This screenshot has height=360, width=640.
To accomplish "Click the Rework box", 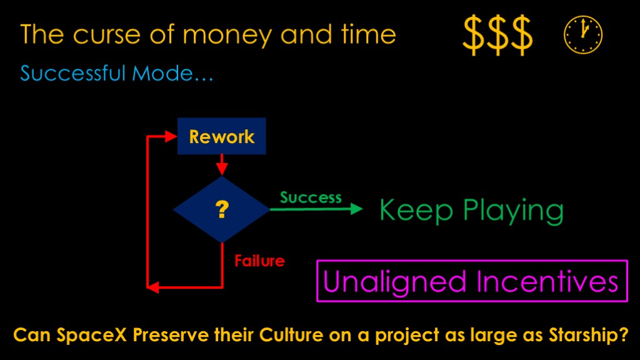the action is (222, 136).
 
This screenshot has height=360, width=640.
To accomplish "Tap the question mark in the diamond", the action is (222, 209).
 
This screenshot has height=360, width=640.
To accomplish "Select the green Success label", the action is (311, 197).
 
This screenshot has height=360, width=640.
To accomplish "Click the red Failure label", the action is (259, 261).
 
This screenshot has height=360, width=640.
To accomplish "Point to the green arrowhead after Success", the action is (356, 209).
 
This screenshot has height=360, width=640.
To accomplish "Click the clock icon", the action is (583, 35).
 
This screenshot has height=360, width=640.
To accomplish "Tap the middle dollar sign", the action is (497, 35).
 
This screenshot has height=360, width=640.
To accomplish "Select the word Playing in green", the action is (513, 211).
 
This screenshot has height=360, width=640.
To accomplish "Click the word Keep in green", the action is (416, 210).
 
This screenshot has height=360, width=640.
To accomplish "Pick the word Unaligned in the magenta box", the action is (394, 282).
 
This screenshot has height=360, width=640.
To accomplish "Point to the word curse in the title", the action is (107, 35).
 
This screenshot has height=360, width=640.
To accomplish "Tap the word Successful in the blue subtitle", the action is (72, 74).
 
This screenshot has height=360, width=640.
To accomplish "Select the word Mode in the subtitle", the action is (162, 74).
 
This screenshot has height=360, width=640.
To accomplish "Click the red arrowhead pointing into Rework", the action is (171, 136).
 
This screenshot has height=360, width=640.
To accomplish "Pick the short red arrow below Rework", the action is (222, 165).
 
